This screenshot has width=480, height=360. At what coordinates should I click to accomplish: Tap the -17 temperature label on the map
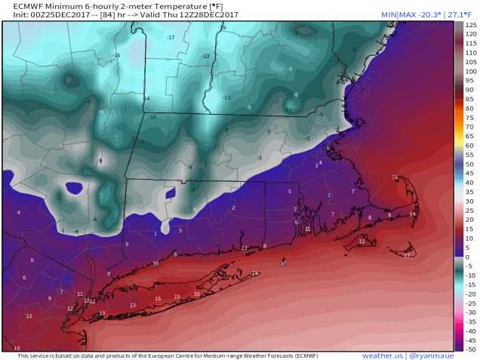point(171,38)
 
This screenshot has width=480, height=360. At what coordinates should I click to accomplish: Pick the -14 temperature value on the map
point(146,99)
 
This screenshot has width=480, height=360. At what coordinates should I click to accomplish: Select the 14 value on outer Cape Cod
point(412,214)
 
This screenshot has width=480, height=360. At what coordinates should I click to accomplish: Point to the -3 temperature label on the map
point(260,158)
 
